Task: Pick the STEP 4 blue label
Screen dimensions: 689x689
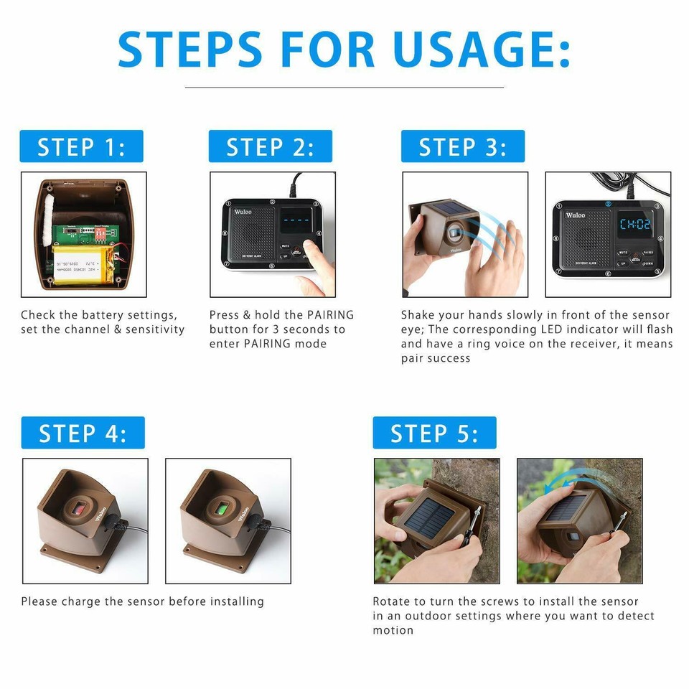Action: (83, 433)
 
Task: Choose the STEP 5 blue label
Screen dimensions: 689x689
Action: (434, 433)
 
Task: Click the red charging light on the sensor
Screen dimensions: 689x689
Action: (78, 510)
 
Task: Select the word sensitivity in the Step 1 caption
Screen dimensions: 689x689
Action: (155, 329)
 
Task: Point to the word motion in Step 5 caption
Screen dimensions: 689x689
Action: (393, 630)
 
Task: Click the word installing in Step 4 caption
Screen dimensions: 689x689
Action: (238, 601)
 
